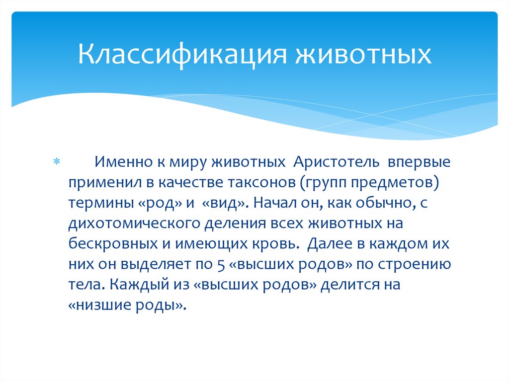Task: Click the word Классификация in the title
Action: pos(181,55)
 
